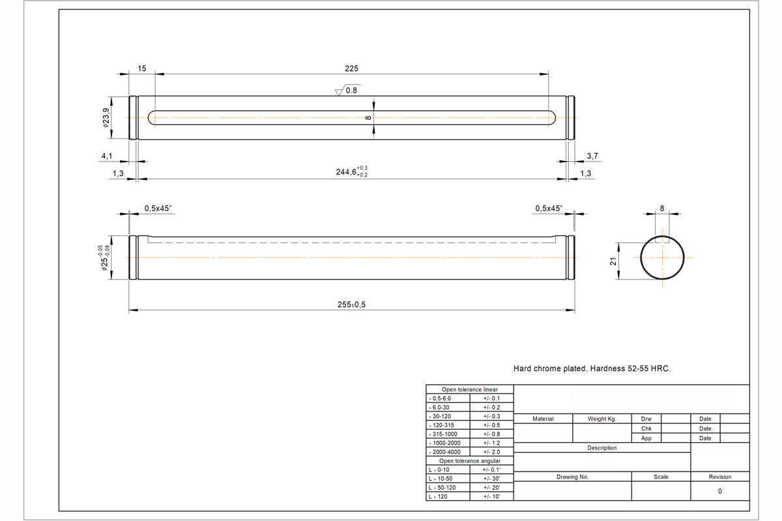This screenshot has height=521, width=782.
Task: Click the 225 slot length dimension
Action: (x=352, y=68)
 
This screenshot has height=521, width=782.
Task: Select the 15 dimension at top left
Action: (x=142, y=68)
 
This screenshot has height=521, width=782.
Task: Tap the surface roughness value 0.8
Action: (x=351, y=91)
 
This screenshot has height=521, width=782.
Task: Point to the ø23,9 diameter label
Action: (x=106, y=118)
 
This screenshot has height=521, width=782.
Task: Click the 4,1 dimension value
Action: (x=108, y=157)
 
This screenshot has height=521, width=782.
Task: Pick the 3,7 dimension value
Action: (x=592, y=157)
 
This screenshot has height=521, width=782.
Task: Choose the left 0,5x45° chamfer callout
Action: (x=158, y=208)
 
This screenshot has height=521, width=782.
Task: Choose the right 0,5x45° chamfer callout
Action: (x=548, y=208)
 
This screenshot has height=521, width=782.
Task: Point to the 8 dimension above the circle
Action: (x=662, y=209)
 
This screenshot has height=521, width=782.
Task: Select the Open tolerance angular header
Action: (x=469, y=460)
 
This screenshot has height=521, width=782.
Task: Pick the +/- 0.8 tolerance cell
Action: (x=491, y=434)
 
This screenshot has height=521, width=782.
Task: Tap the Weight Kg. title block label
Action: (x=601, y=419)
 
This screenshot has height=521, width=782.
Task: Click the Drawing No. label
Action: (x=572, y=477)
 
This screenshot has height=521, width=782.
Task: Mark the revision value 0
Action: (x=719, y=491)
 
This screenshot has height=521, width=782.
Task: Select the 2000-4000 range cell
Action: (x=448, y=452)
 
